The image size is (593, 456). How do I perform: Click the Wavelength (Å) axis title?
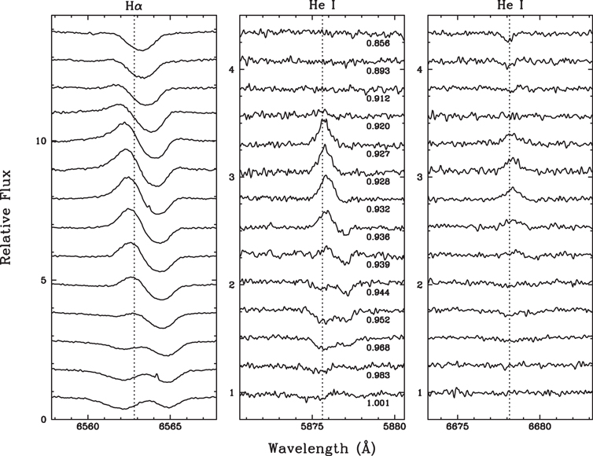pos(322,447)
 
